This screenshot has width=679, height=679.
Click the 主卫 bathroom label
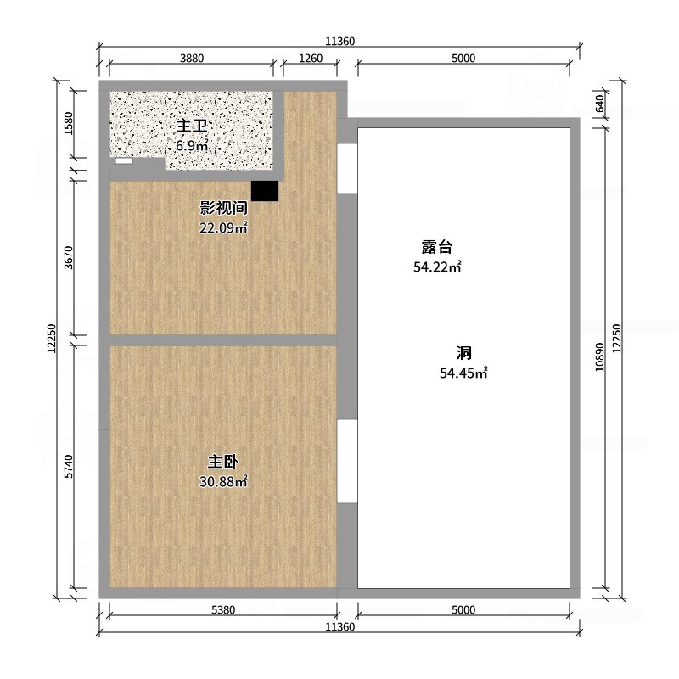tap(192, 126)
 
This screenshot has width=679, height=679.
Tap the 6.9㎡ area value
tap(192, 145)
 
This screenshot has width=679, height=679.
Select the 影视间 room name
tap(223, 208)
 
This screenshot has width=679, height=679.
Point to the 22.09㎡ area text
tap(223, 227)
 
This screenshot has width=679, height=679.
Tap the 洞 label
tap(463, 353)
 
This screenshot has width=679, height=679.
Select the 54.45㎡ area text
tap(463, 373)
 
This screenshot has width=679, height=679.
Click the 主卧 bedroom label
tap(223, 463)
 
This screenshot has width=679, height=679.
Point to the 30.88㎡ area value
tap(223, 482)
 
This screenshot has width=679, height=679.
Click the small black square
tap(265, 190)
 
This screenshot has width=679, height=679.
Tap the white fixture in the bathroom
tap(125, 160)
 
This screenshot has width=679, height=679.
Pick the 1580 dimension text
tap(70, 124)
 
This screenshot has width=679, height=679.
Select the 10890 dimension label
tap(599, 357)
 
